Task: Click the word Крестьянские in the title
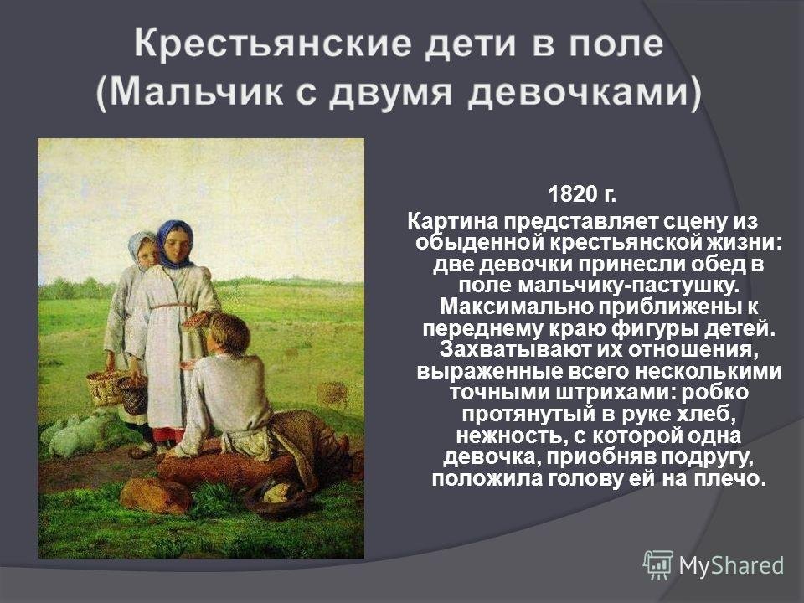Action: pyautogui.click(x=272, y=44)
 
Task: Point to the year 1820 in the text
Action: pyautogui.click(x=569, y=194)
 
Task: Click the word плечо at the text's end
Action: pyautogui.click(x=729, y=479)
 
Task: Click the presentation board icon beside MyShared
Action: pyautogui.click(x=658, y=564)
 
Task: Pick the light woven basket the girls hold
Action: pyautogui.click(x=106, y=386)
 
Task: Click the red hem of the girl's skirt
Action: pyautogui.click(x=168, y=435)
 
